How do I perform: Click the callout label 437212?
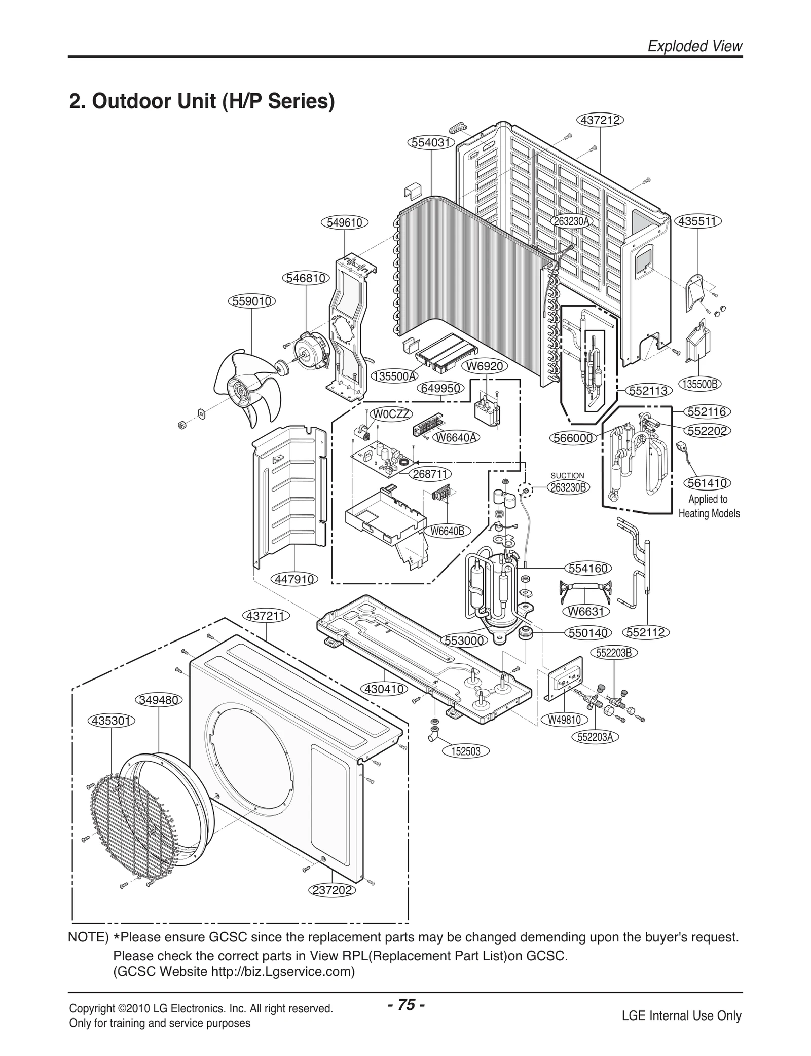[x=600, y=120]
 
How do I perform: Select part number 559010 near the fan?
[x=252, y=301]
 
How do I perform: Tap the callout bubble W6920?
[x=485, y=366]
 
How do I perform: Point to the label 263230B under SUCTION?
[x=568, y=487]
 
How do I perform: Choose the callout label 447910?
[x=295, y=579]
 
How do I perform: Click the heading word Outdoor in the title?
[x=131, y=102]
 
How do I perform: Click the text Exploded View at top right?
[x=695, y=46]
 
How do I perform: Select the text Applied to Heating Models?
[x=708, y=506]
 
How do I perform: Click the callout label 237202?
[x=332, y=890]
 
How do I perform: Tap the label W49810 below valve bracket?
[x=564, y=720]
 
